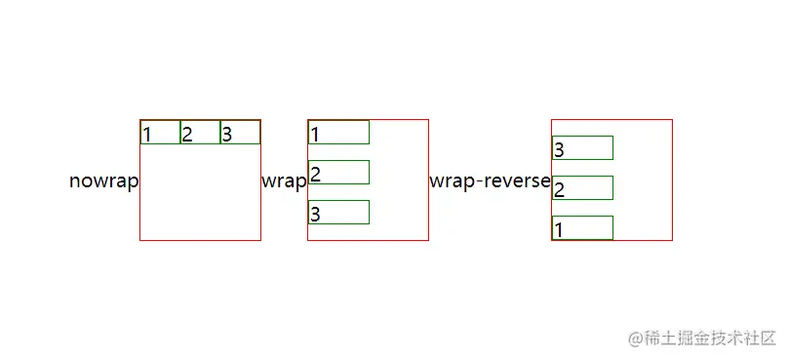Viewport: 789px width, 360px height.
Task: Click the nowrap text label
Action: pos(103,181)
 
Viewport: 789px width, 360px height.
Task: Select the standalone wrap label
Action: pos(284,181)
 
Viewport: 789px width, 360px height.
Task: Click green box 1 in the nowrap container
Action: pos(160,133)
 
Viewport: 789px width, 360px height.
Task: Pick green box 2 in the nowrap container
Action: pos(200,133)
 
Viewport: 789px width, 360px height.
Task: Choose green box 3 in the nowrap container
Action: pos(240,133)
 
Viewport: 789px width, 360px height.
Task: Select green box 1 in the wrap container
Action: pos(338,133)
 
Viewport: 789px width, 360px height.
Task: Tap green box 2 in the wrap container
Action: pos(338,173)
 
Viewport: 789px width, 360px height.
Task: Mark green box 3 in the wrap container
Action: pos(338,213)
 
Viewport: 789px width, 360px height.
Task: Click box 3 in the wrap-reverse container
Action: pos(582,148)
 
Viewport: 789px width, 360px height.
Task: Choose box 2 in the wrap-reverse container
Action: pos(582,188)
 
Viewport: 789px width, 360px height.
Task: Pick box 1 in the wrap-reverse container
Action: pos(582,228)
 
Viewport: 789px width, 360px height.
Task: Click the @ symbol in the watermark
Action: pos(636,339)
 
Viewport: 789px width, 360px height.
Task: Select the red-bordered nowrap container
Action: pos(200,195)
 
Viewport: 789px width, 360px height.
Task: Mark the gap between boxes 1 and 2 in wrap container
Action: pos(338,152)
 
